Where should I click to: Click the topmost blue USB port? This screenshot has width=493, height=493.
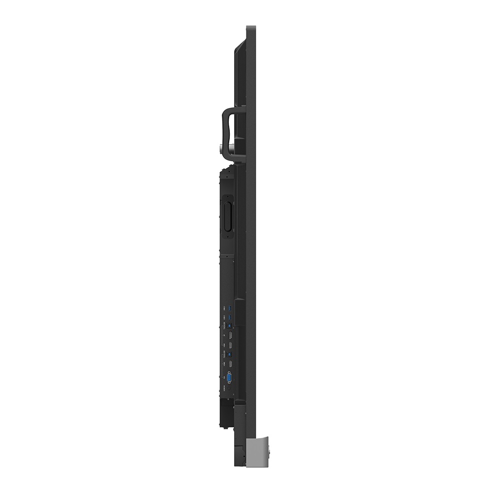(230, 308)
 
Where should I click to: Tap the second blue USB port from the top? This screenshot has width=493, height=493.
(230, 317)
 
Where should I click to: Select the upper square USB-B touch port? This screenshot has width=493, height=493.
(229, 325)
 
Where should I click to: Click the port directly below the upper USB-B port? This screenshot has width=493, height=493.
(230, 335)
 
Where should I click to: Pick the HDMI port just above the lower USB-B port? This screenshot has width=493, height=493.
(230, 345)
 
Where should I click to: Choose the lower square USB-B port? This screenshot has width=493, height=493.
(229, 354)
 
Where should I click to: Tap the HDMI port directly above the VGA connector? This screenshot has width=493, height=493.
(230, 364)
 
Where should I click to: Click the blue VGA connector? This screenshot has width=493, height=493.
(229, 378)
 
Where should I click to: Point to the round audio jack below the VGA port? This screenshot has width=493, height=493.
(229, 388)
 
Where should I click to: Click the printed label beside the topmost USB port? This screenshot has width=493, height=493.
(224, 309)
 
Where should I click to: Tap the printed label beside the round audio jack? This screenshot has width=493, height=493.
(224, 388)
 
